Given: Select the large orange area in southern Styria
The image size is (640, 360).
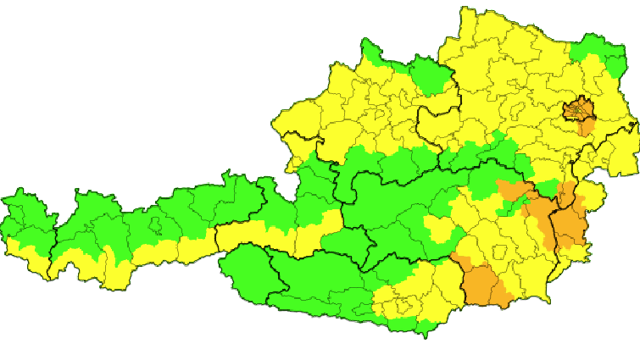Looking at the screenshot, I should click(x=484, y=283).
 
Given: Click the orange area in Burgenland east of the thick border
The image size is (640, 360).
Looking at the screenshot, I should click(x=571, y=226).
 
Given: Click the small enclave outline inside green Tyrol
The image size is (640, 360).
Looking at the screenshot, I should click(x=156, y=225).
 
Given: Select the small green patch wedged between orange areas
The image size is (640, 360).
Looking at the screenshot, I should click(x=547, y=188).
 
